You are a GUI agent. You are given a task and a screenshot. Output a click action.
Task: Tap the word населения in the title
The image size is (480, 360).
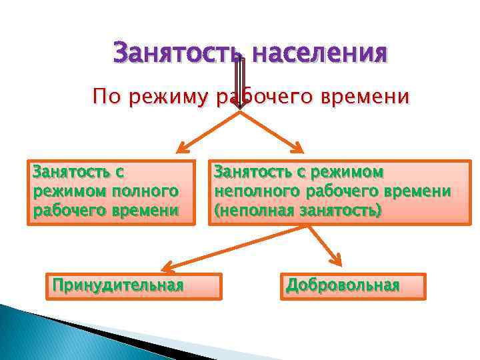(317, 52)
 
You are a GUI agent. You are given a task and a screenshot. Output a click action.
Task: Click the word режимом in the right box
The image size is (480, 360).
(346, 173)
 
